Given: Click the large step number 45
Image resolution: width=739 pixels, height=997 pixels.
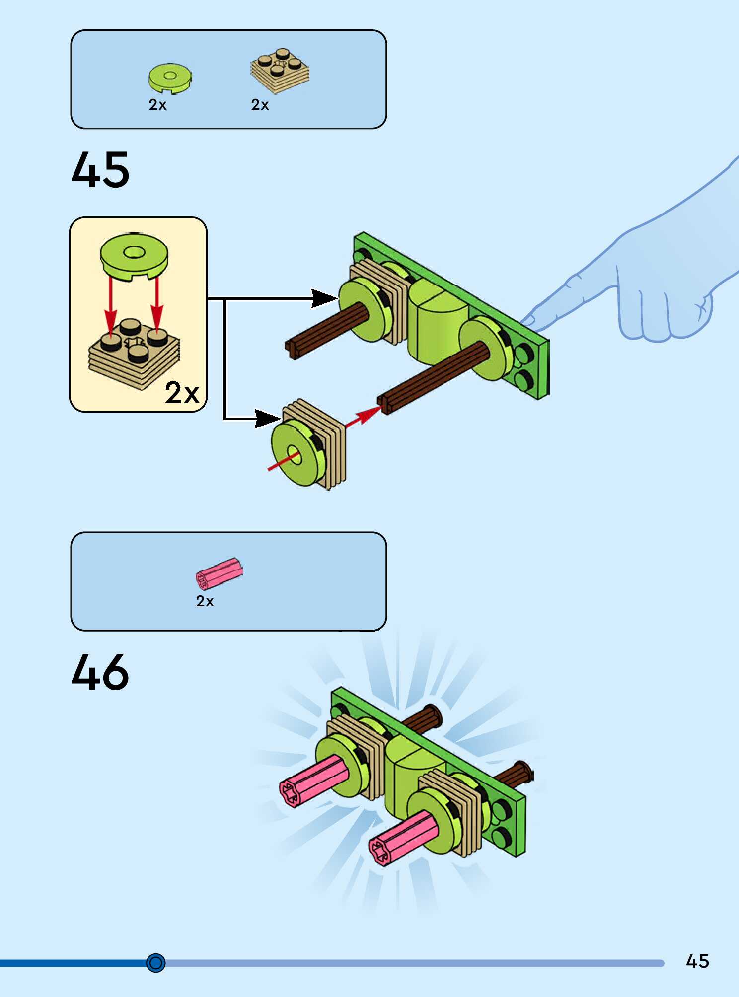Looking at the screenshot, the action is (100, 170).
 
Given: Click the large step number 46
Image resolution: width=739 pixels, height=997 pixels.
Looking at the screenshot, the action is (100, 672).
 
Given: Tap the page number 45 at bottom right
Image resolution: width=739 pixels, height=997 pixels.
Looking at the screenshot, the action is (697, 961).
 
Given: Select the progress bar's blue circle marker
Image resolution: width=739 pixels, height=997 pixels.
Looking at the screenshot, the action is (156, 963).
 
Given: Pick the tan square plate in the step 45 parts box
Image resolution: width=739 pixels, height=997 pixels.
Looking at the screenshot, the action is (280, 71).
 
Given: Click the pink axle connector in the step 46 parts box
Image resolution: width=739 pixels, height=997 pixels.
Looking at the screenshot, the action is (219, 574).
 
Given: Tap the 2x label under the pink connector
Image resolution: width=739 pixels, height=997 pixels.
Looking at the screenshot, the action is (205, 601).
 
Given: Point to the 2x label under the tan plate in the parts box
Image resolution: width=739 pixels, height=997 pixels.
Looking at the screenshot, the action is (260, 105).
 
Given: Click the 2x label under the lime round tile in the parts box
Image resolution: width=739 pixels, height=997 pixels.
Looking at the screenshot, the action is (157, 105).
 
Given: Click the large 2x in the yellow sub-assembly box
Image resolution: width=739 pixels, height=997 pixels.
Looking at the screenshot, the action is (182, 393).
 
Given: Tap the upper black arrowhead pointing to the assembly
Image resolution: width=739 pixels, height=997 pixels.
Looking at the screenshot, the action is (323, 298).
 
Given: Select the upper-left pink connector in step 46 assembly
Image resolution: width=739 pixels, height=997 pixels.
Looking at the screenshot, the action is (313, 780).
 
